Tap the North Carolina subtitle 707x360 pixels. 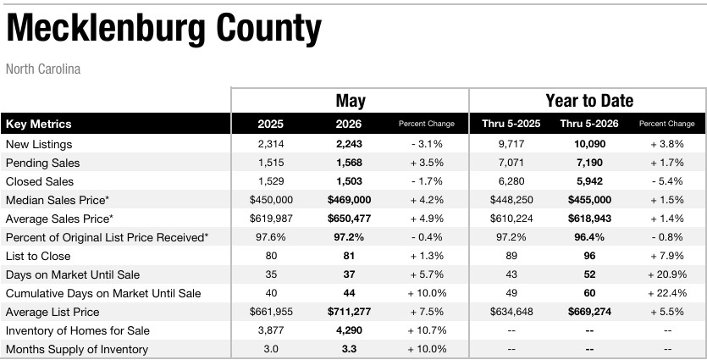coord(43,69)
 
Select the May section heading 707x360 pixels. coord(351,101)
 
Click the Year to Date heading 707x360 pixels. coord(589,100)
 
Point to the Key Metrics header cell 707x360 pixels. coord(39,124)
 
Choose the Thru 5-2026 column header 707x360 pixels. coord(589,124)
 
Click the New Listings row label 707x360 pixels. coord(39,144)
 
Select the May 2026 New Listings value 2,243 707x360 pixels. coord(349,144)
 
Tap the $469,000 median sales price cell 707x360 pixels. coord(349,200)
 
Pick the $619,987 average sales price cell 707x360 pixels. coord(271,219)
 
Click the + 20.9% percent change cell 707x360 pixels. coord(667,274)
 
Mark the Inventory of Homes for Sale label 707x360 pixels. coord(78,330)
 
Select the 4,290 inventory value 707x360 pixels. coord(349,330)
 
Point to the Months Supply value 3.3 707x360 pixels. coord(349,349)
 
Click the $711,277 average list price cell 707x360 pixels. coord(349,312)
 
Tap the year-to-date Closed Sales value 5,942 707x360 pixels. coord(589,181)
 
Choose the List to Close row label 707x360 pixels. coord(38,257)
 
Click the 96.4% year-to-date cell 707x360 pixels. coord(589,237)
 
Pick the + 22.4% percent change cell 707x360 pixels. coord(667,293)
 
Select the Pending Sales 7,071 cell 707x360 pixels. coord(511,163)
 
